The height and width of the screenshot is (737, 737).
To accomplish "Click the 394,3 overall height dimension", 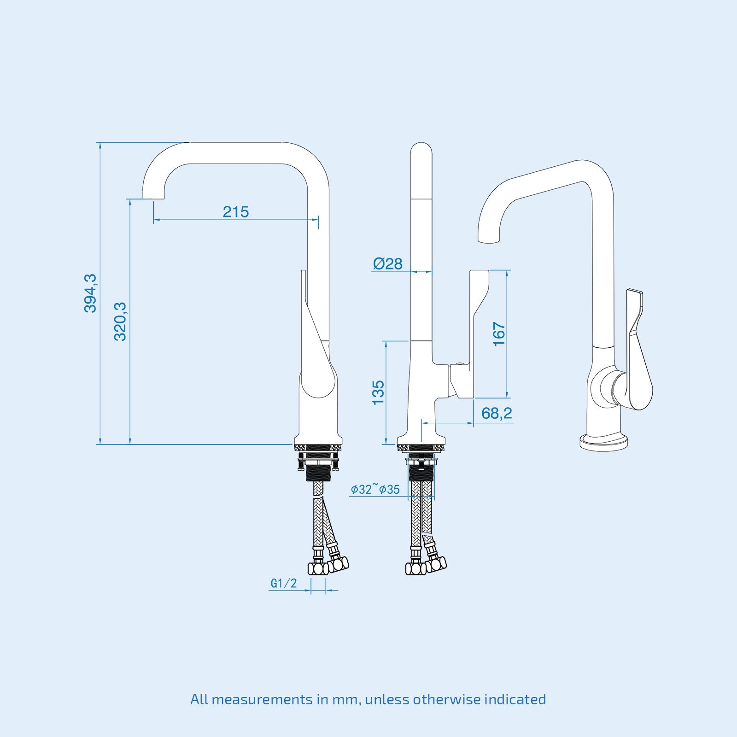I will (90, 293).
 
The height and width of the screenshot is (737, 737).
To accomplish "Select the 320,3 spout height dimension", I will (120, 321).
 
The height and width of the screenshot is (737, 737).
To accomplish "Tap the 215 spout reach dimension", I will (236, 212).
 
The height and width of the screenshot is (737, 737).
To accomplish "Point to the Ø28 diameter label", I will (388, 264).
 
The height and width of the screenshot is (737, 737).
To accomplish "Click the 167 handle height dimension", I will (499, 334).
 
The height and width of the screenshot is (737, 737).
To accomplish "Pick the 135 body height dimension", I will (378, 392).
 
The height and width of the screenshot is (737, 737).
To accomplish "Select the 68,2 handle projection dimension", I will (497, 413).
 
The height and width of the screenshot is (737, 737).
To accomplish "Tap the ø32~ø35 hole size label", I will (375, 489).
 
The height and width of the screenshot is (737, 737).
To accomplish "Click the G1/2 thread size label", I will (284, 583).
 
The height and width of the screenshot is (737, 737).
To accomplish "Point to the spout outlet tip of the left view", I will (152, 197).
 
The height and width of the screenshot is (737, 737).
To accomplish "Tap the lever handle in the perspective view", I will (639, 350).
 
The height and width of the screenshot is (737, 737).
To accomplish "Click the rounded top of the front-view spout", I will (421, 150).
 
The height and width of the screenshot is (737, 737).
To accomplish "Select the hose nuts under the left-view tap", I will (328, 566).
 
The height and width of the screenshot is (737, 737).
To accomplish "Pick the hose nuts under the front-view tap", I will (426, 566).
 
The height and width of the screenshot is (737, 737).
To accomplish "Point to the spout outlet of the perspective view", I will (489, 239).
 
